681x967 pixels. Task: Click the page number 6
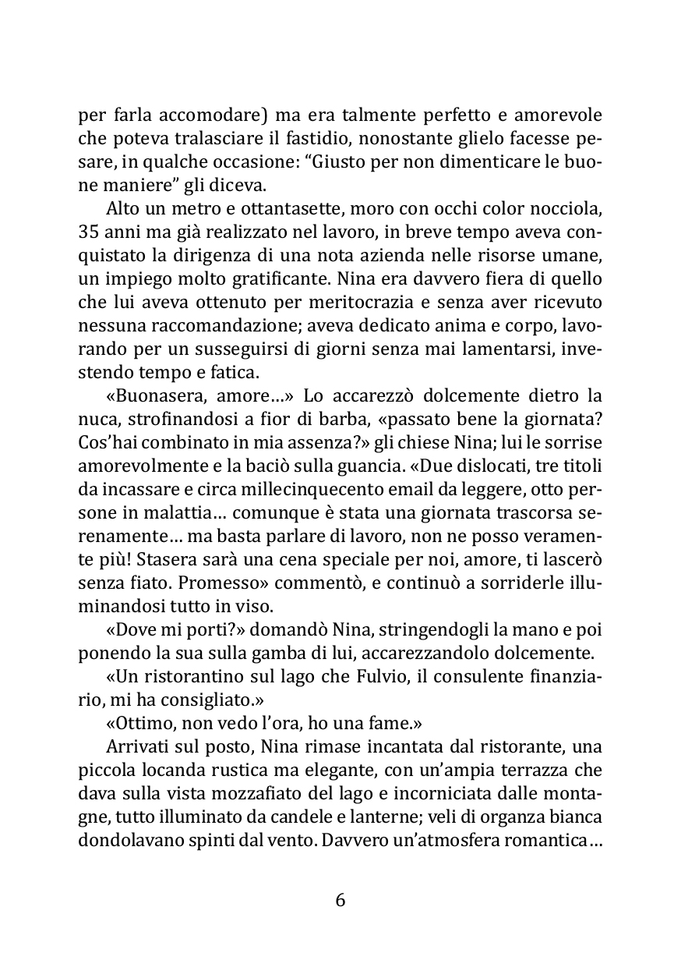340,899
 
